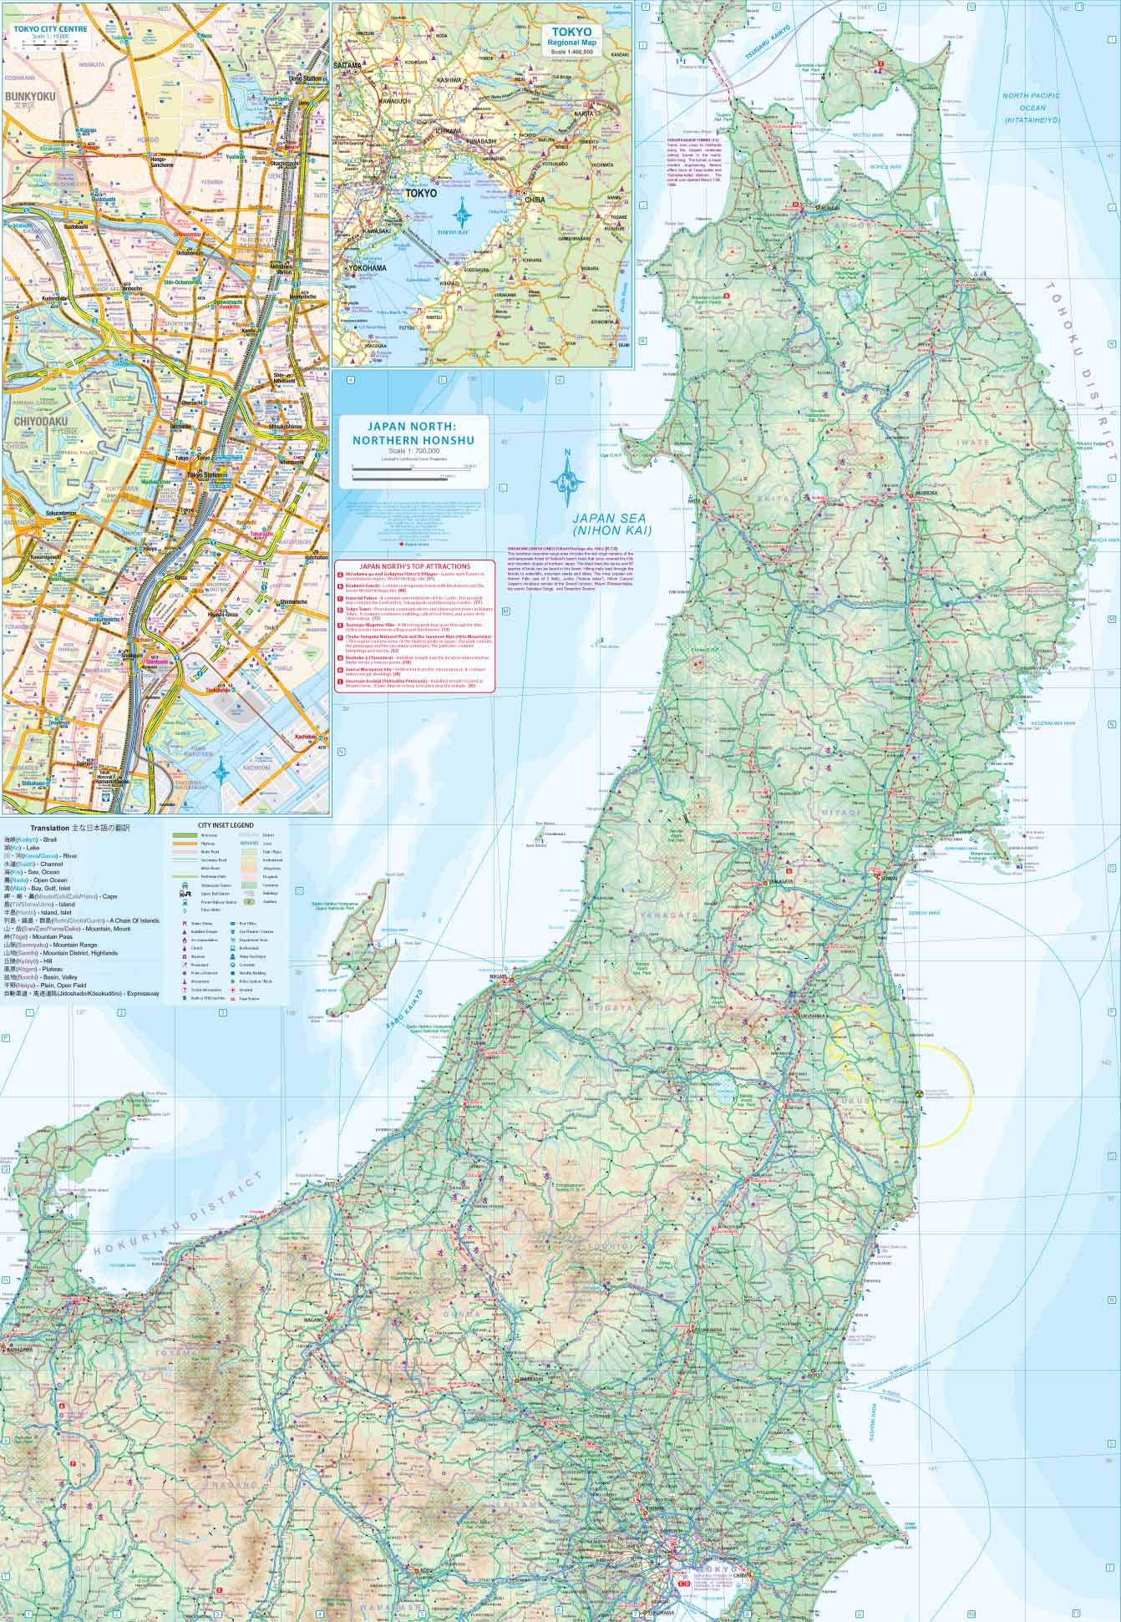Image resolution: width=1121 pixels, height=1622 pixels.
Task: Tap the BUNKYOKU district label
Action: coord(29,97)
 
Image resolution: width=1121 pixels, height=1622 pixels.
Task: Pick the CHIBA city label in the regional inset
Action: coord(535,200)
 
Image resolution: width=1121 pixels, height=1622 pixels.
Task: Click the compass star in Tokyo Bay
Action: coord(462,208)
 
